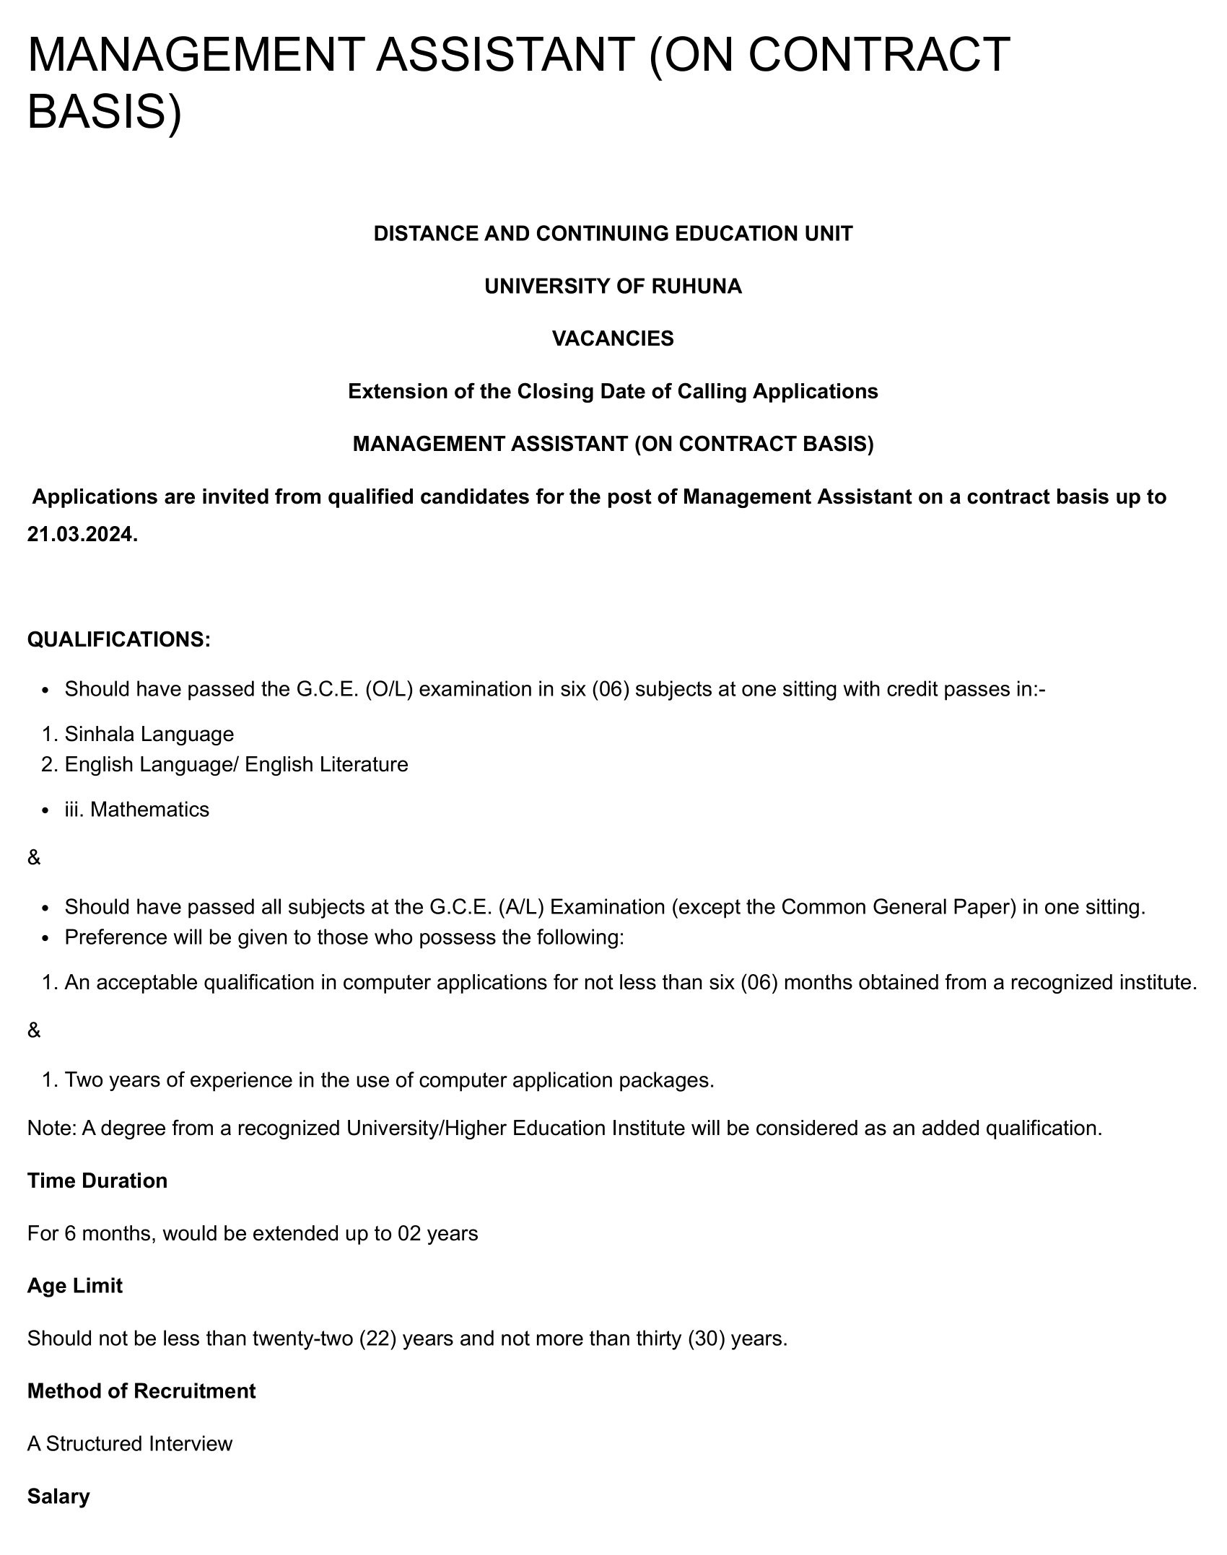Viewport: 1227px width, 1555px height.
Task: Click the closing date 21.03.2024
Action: point(82,535)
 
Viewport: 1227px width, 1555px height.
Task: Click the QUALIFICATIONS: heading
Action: point(119,639)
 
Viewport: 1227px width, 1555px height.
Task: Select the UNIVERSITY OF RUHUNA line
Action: point(613,286)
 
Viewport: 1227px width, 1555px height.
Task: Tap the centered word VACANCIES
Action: point(613,338)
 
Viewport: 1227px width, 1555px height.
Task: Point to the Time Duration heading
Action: point(97,1181)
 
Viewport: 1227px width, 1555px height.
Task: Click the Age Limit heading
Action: point(75,1286)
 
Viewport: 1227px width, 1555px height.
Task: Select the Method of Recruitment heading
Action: point(141,1391)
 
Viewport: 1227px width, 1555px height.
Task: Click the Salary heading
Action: point(58,1497)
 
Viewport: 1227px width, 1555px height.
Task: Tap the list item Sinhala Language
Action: point(149,734)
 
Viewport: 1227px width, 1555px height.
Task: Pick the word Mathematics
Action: point(149,810)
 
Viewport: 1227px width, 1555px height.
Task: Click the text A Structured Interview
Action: point(130,1444)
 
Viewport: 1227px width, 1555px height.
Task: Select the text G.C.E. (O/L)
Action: point(354,689)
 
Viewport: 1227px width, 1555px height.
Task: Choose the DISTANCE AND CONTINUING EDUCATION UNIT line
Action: point(613,234)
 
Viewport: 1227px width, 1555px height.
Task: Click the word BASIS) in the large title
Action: point(104,112)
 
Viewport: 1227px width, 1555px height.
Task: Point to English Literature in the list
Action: point(326,764)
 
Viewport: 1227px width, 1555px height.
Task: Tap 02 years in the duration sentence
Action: point(437,1233)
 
